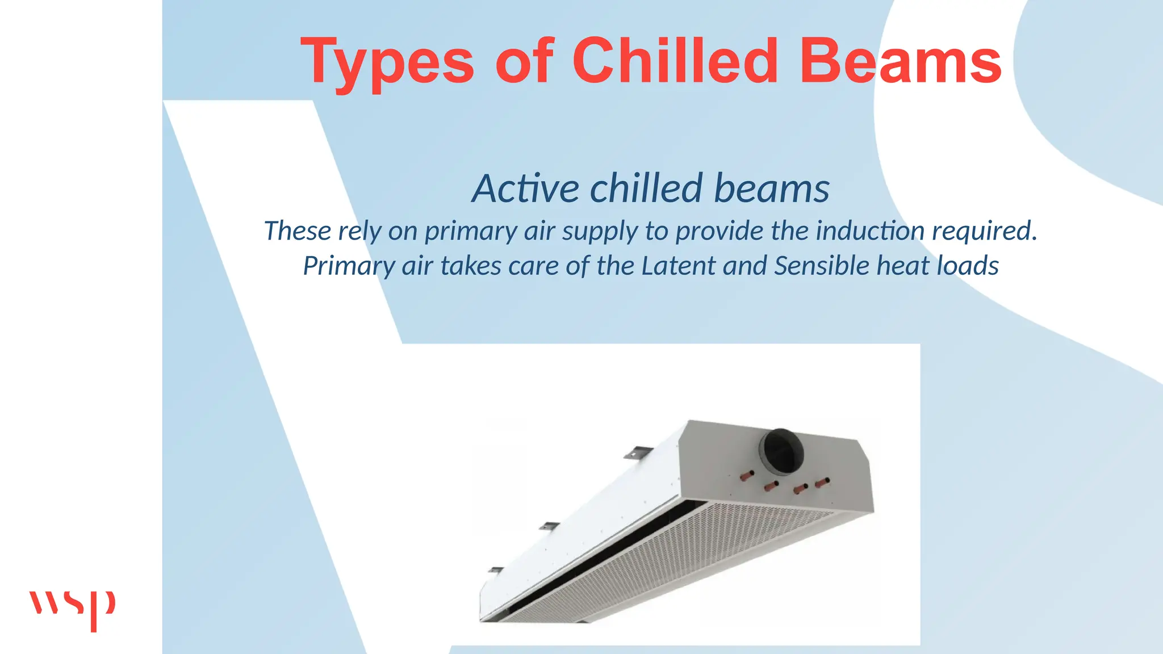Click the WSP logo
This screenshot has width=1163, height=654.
point(72,609)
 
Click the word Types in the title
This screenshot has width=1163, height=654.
point(387,61)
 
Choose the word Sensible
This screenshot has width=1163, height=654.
point(822,266)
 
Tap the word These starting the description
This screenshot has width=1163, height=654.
point(298,230)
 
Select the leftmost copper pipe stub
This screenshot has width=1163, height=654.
point(746,476)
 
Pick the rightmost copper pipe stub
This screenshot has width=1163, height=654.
point(822,483)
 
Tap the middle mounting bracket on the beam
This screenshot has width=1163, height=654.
point(549,526)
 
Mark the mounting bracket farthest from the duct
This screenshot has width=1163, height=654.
point(496,569)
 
